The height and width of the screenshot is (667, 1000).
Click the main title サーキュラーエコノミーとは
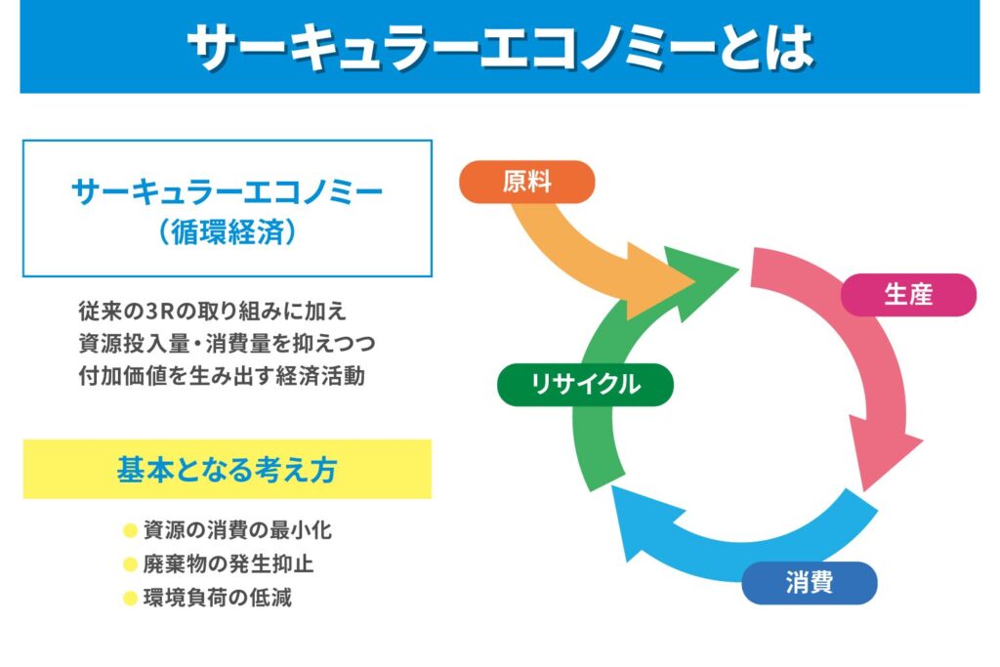point(499,45)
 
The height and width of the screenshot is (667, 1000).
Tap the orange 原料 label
point(526,182)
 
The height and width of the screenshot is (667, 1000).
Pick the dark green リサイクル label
point(585,384)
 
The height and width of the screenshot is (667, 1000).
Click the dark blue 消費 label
point(809,584)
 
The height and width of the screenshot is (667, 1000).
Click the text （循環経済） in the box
point(227,234)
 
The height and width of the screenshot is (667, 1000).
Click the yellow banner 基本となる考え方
point(227,470)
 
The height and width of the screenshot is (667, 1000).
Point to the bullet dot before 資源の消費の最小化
point(129,531)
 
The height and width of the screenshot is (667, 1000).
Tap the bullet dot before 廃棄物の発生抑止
point(129,564)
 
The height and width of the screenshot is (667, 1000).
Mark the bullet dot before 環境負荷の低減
point(129,598)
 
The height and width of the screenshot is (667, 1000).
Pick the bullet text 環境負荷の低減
point(217,598)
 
